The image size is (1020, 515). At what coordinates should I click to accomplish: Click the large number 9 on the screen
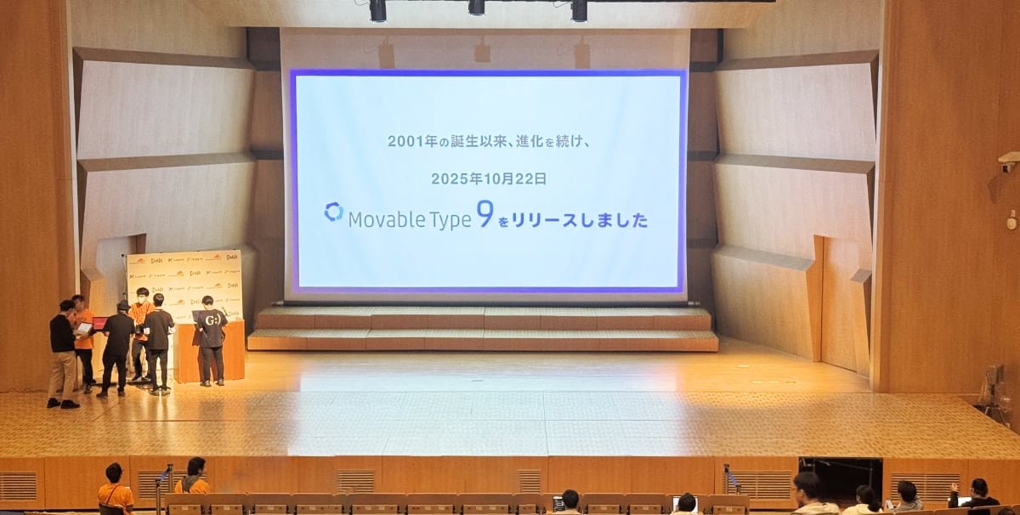pyautogui.click(x=484, y=213)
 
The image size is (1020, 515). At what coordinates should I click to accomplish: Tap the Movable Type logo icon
pyautogui.click(x=333, y=212)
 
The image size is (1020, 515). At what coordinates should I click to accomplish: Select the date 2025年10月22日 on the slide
pyautogui.click(x=488, y=178)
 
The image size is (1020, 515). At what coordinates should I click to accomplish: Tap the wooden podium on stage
pyautogui.click(x=210, y=350)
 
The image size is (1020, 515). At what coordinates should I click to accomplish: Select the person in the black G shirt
pyautogui.click(x=211, y=338)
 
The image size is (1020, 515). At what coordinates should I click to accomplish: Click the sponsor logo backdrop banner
pyautogui.click(x=184, y=280)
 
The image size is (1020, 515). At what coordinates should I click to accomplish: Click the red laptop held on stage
pyautogui.click(x=99, y=324)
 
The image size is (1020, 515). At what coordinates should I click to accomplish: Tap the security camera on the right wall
pyautogui.click(x=1008, y=161)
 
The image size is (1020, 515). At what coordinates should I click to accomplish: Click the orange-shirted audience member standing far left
pyautogui.click(x=114, y=490)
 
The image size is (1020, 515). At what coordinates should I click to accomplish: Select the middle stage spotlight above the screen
pyautogui.click(x=476, y=8)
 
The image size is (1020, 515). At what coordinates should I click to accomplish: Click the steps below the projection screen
pyautogui.click(x=483, y=330)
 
